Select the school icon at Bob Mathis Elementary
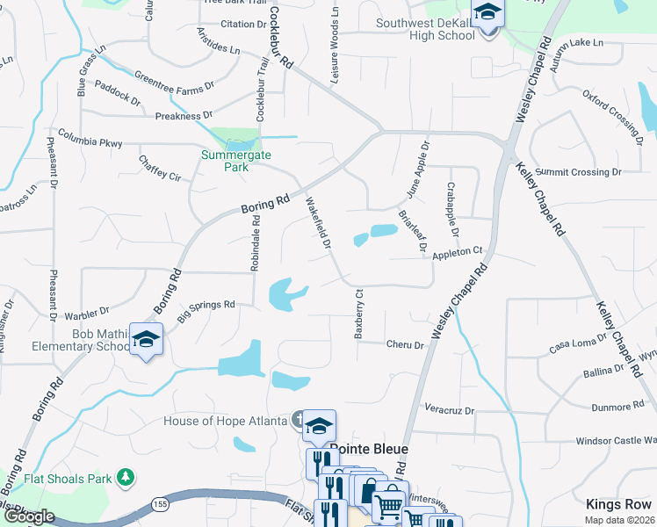pyautogui.click(x=146, y=339)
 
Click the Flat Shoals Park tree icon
pyautogui.click(x=127, y=478)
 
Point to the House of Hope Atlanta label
pyautogui.click(x=227, y=421)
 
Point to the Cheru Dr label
pyautogui.click(x=405, y=345)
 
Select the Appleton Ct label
pyautogui.click(x=458, y=253)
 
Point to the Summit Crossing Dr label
pyautogui.click(x=578, y=171)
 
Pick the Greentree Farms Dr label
pyautogui.click(x=175, y=81)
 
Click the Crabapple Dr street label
pyautogui.click(x=453, y=214)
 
